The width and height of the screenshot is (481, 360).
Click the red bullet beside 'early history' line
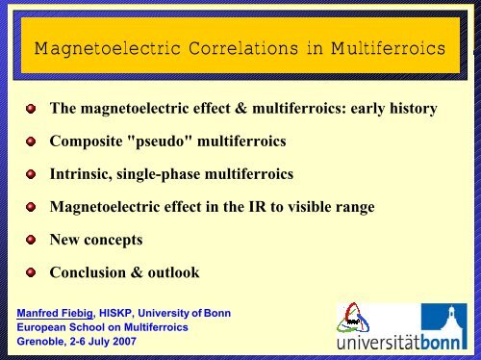coord(31,110)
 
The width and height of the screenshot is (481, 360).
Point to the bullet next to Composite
coord(31,142)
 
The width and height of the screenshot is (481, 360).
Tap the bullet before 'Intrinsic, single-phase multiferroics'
coord(31,175)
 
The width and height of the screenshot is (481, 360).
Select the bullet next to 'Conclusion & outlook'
coord(31,272)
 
